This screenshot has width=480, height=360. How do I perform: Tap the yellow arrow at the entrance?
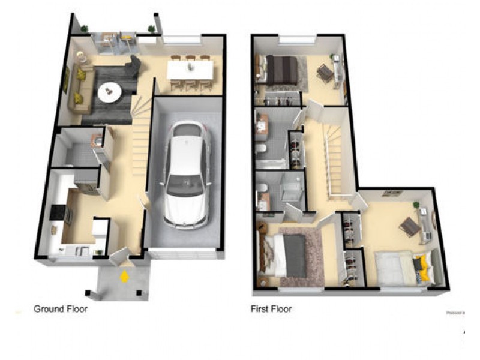[124, 277]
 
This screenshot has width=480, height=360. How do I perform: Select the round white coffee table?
[109, 92]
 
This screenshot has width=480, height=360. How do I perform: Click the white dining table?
[190, 71]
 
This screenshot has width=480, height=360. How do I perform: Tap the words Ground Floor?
[60, 310]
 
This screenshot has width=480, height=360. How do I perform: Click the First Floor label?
[271, 310]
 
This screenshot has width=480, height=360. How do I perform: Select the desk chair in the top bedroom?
[325, 73]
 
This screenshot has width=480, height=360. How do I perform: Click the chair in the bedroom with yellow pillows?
[410, 226]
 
